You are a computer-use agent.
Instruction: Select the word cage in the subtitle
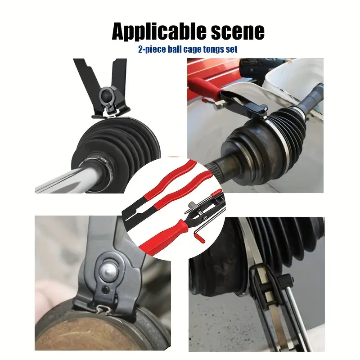point(192,49)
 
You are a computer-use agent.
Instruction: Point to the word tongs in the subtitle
point(213,50)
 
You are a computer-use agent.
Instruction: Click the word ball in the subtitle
point(175,49)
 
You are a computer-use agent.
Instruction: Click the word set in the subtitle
point(232,49)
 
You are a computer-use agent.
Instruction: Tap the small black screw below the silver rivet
point(105,290)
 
